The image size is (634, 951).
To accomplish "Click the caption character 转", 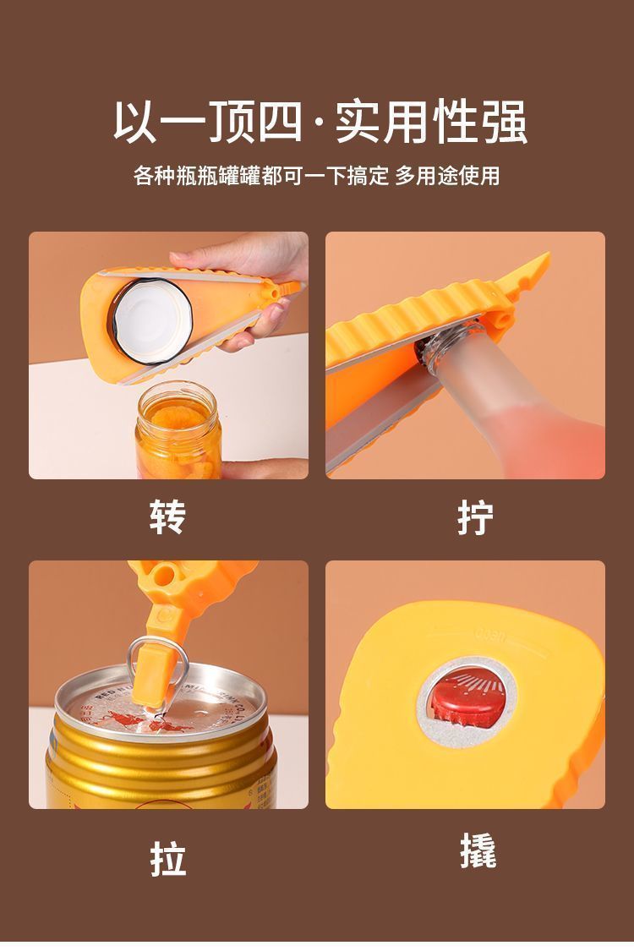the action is point(167,517).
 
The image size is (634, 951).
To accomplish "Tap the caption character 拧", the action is point(475,517).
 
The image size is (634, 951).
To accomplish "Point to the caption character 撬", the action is point(478,850).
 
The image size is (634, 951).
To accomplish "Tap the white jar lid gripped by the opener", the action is point(151,320).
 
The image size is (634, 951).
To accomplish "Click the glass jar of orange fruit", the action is point(178,430).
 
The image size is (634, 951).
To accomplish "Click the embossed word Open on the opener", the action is point(489,637).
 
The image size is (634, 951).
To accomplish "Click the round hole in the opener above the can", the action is point(164,574).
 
